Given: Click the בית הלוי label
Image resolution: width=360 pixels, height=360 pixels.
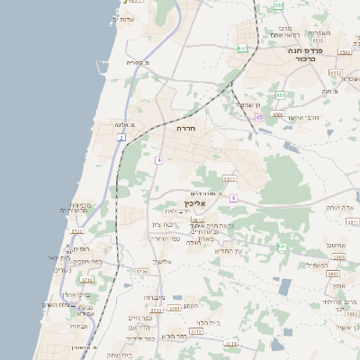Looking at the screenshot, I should pyautogui.click(x=209, y=321).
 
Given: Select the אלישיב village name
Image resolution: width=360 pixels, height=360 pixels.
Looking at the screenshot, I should pyautogui.click(x=162, y=262).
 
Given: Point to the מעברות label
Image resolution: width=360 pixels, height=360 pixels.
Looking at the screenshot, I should pyautogui.click(x=154, y=296).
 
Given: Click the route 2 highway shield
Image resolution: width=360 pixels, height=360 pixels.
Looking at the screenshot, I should pyautogui.click(x=120, y=138).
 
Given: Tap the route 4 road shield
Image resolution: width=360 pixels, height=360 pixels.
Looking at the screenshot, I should pyautogui.click(x=157, y=159).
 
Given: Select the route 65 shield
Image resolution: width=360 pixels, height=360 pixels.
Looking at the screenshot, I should pyautogui.click(x=258, y=117).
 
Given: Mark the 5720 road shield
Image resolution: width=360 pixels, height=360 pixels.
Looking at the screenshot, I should pyautogui.click(x=141, y=270).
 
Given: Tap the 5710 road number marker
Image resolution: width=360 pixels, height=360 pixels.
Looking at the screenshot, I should pyautogui.click(x=195, y=331).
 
